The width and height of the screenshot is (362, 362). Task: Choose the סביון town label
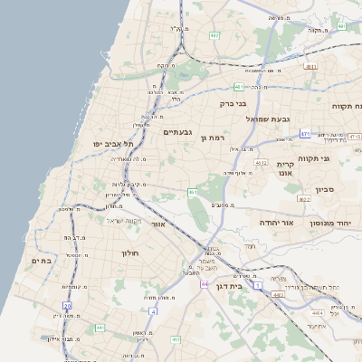(x=325, y=189)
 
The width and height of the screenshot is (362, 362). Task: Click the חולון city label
(x=129, y=253)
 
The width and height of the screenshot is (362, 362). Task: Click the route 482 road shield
(x=214, y=35)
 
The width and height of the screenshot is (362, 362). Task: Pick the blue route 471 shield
(x=306, y=134)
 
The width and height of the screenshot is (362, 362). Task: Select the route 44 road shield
(x=205, y=284)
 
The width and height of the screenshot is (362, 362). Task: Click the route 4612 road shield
(x=261, y=163)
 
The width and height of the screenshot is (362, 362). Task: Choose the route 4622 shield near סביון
(x=304, y=199)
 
